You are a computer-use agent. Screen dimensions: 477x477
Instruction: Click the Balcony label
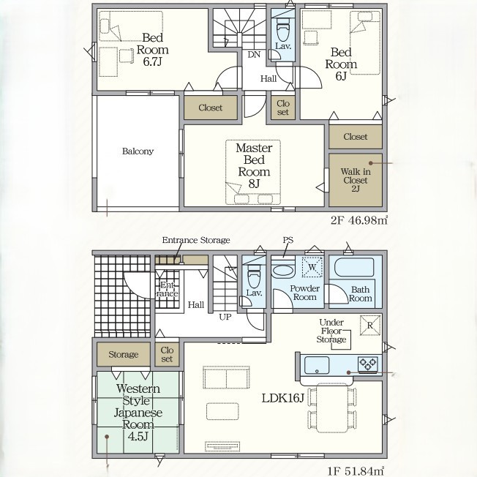[138, 151]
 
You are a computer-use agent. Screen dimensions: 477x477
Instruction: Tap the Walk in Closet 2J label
[356, 180]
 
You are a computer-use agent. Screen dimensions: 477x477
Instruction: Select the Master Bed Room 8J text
[254, 166]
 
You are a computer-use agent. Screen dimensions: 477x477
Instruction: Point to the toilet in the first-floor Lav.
[254, 276]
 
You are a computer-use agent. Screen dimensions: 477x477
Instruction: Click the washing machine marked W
[312, 267]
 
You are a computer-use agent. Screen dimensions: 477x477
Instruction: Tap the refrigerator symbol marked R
[370, 326]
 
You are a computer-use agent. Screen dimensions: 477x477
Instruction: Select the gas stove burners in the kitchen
[368, 364]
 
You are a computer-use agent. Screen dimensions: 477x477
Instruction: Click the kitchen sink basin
[317, 365]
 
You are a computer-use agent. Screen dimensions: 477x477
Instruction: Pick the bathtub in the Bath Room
[354, 267]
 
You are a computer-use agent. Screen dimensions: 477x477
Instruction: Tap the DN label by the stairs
[254, 55]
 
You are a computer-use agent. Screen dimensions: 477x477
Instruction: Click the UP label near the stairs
[225, 317]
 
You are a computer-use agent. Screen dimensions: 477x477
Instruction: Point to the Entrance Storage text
[196, 240]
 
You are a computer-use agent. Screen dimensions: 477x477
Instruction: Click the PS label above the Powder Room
[288, 240]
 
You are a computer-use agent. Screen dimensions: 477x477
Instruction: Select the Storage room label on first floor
[123, 354]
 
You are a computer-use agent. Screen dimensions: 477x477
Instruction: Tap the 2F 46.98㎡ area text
[359, 220]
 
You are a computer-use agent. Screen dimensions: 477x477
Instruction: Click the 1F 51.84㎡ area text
[356, 472]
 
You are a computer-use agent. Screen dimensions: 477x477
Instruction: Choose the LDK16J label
[283, 398]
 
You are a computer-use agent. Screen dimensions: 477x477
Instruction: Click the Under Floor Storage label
[331, 331]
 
